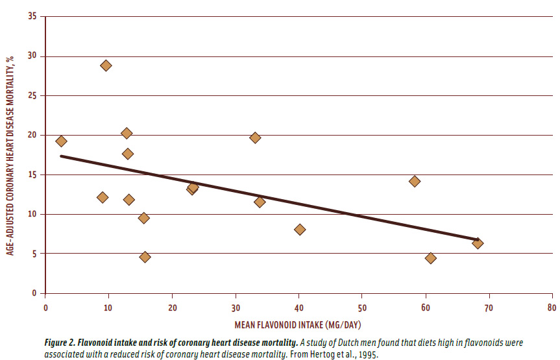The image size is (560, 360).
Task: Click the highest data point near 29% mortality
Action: coord(106,66)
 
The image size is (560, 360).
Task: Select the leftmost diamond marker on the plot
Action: coord(61,141)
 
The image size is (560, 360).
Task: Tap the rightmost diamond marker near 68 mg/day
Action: coord(478,243)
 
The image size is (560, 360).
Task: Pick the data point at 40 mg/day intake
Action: coord(300,230)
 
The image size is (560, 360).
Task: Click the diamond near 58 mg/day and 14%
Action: coord(414,181)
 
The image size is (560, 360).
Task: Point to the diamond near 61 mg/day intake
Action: coord(430,258)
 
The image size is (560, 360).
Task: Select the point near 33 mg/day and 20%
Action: coord(255,138)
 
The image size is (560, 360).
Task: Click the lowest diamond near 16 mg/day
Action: coord(145,258)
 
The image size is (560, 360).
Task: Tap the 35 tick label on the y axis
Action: coord(32,17)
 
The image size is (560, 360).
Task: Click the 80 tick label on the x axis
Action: coord(552,306)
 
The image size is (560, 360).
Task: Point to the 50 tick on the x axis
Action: coord(361,306)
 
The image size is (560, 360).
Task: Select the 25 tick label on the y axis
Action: coord(32,96)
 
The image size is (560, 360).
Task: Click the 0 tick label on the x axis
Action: coord(45,306)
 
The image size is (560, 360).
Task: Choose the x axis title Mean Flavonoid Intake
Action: coord(298,324)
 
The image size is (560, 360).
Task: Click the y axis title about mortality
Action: coord(11,154)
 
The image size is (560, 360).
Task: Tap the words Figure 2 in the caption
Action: coord(61,341)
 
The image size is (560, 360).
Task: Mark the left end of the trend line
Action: coord(61,156)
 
